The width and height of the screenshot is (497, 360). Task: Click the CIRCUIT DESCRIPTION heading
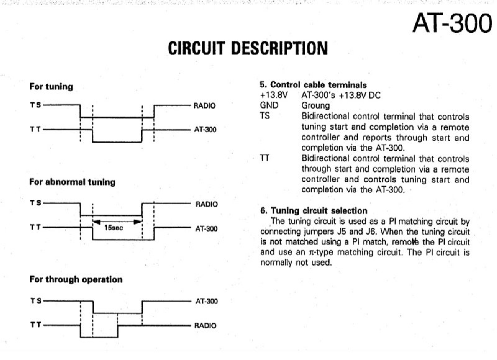[x=248, y=48]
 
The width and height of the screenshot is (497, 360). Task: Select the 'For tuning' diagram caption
[x=51, y=86]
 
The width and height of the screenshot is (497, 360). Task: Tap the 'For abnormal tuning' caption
[x=72, y=182]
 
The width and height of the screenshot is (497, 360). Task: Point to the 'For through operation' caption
[x=76, y=279]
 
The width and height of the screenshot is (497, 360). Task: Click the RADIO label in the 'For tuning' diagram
[x=205, y=106]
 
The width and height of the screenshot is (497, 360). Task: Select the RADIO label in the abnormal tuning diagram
[x=206, y=203]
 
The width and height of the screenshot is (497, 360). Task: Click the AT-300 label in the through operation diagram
[x=206, y=300]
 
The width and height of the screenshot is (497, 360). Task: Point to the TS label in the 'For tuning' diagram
[x=35, y=105]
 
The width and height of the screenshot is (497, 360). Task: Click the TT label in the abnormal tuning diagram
[x=35, y=227]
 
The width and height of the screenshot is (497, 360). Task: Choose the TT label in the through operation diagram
[x=35, y=325]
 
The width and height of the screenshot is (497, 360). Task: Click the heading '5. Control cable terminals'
[x=313, y=85]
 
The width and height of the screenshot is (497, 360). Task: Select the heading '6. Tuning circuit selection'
[x=314, y=210]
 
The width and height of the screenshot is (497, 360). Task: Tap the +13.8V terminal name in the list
[x=273, y=95]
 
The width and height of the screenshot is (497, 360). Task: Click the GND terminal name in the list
[x=268, y=106]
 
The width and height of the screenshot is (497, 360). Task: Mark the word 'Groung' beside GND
[x=316, y=106]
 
